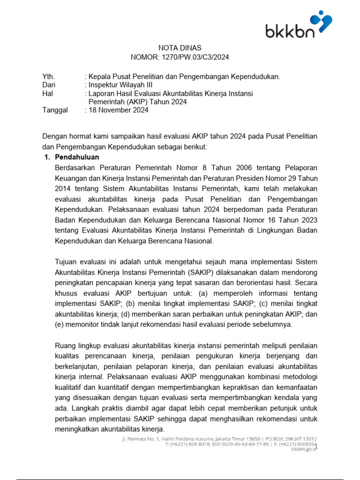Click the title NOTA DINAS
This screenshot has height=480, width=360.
point(180,48)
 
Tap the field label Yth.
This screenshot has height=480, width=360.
point(48,76)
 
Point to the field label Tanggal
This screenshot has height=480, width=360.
point(55,110)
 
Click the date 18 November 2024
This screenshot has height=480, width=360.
point(119,110)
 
